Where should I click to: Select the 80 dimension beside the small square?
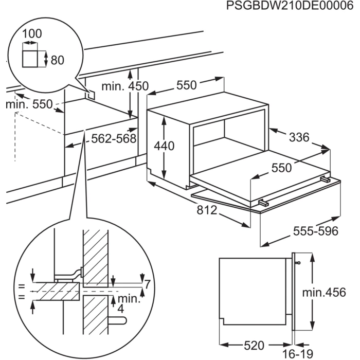57,60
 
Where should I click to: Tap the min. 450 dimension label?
124,86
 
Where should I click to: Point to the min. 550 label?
29,104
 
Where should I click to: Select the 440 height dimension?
164,146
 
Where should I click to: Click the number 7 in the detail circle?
147,283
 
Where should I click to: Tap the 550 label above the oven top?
186,85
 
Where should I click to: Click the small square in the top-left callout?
32,59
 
